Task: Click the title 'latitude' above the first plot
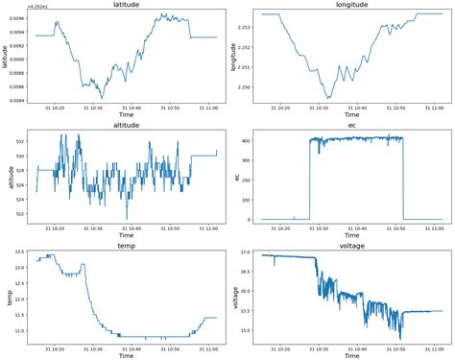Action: [126, 6]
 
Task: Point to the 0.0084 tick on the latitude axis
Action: [18, 100]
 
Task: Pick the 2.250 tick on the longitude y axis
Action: [244, 87]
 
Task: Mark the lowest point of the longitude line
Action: [328, 98]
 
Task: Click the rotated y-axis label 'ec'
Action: [237, 178]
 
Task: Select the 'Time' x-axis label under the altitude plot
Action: [126, 236]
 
